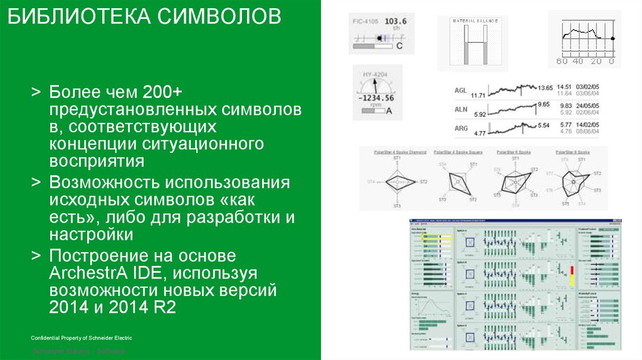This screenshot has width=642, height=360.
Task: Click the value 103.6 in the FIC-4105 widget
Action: (395, 21)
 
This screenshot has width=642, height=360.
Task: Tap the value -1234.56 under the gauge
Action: (376, 98)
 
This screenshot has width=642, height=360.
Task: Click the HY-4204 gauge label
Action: (375, 75)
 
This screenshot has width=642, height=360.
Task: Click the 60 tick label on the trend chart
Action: (562, 61)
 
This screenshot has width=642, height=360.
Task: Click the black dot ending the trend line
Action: (613, 39)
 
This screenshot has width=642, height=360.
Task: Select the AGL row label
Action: (461, 90)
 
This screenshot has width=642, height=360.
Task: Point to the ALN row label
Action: (461, 109)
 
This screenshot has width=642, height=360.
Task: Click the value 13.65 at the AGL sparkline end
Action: (545, 87)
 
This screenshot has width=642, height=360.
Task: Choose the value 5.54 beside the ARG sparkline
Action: (543, 125)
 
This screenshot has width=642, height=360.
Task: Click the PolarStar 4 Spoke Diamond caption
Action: (399, 152)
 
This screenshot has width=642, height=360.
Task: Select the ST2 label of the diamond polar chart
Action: (423, 182)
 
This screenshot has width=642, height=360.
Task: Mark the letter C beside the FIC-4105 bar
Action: (399, 46)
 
